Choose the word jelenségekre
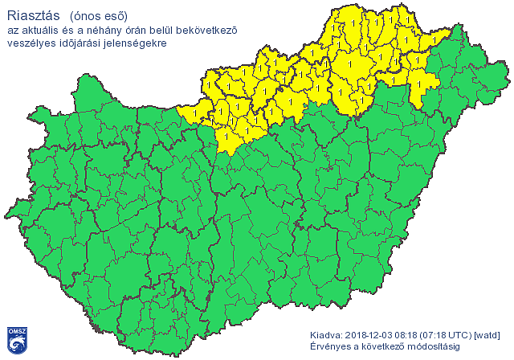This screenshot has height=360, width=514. (137, 43)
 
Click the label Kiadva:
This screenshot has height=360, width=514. (326, 334)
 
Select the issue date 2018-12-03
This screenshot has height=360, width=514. (370, 334)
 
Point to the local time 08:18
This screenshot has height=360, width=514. (410, 334)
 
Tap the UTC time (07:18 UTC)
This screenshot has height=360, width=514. (448, 334)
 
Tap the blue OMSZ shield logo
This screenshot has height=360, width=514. (18, 340)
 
